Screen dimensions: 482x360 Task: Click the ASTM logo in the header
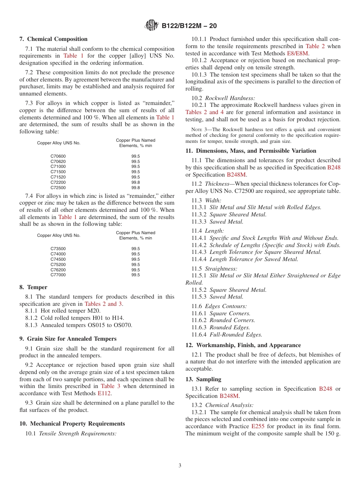point(152,26)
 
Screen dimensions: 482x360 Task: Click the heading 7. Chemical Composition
point(53,39)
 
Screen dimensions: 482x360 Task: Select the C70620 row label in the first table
point(58,161)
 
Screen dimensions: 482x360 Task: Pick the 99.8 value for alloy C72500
point(136,188)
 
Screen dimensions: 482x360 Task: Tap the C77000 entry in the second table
point(58,275)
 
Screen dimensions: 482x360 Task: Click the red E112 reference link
point(104,393)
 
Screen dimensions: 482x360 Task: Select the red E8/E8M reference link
point(298,53)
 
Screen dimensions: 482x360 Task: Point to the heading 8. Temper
point(33,287)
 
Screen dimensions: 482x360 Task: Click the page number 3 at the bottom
point(180,466)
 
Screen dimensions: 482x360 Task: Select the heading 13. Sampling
point(203,379)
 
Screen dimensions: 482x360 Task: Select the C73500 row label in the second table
point(58,249)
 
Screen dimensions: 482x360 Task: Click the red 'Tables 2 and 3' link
point(103,304)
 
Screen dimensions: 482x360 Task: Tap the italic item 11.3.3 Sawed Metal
point(218,222)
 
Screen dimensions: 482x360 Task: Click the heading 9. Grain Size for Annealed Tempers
point(68,339)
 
